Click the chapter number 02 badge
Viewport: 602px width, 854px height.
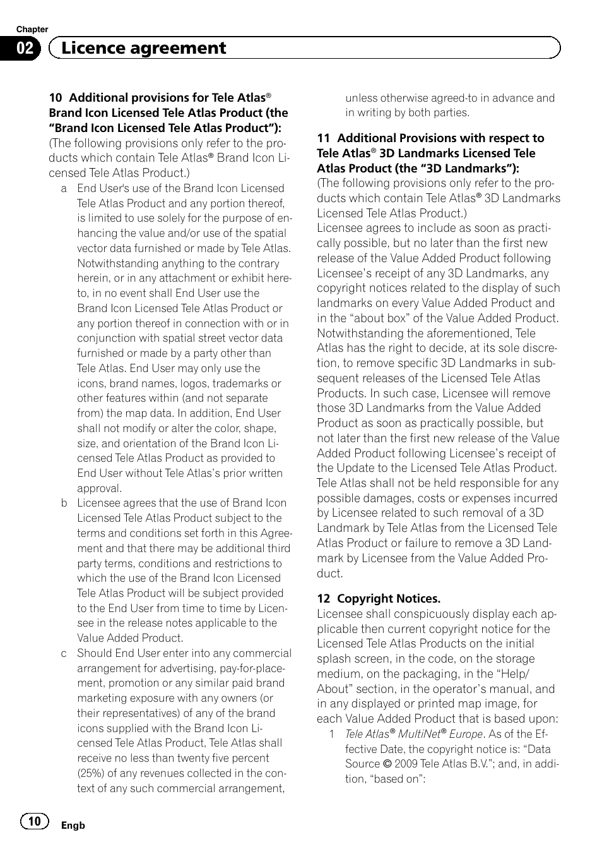coord(25,49)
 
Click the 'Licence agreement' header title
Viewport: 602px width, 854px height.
coord(144,48)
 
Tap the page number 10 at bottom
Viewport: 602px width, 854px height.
coord(34,821)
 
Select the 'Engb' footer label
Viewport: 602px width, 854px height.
coord(73,825)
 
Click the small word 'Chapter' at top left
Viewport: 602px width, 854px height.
coord(32,29)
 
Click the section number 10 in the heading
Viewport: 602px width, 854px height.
coord(56,98)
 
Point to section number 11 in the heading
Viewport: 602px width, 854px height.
coord(323,138)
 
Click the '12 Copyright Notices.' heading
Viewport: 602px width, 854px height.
coord(379,598)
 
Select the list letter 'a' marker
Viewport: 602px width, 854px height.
coord(64,189)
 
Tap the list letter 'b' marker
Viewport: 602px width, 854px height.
coord(64,503)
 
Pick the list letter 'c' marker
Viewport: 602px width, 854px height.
coord(64,654)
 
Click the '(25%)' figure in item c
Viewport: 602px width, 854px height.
coord(91,773)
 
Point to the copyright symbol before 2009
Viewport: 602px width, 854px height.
coord(387,764)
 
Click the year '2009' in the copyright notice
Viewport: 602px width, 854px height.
coord(406,764)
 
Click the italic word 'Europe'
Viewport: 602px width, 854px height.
coord(466,734)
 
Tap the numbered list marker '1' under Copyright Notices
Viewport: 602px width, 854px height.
coord(331,734)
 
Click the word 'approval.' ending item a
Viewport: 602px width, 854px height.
coord(100,488)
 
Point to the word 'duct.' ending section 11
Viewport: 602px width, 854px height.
coord(330,574)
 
